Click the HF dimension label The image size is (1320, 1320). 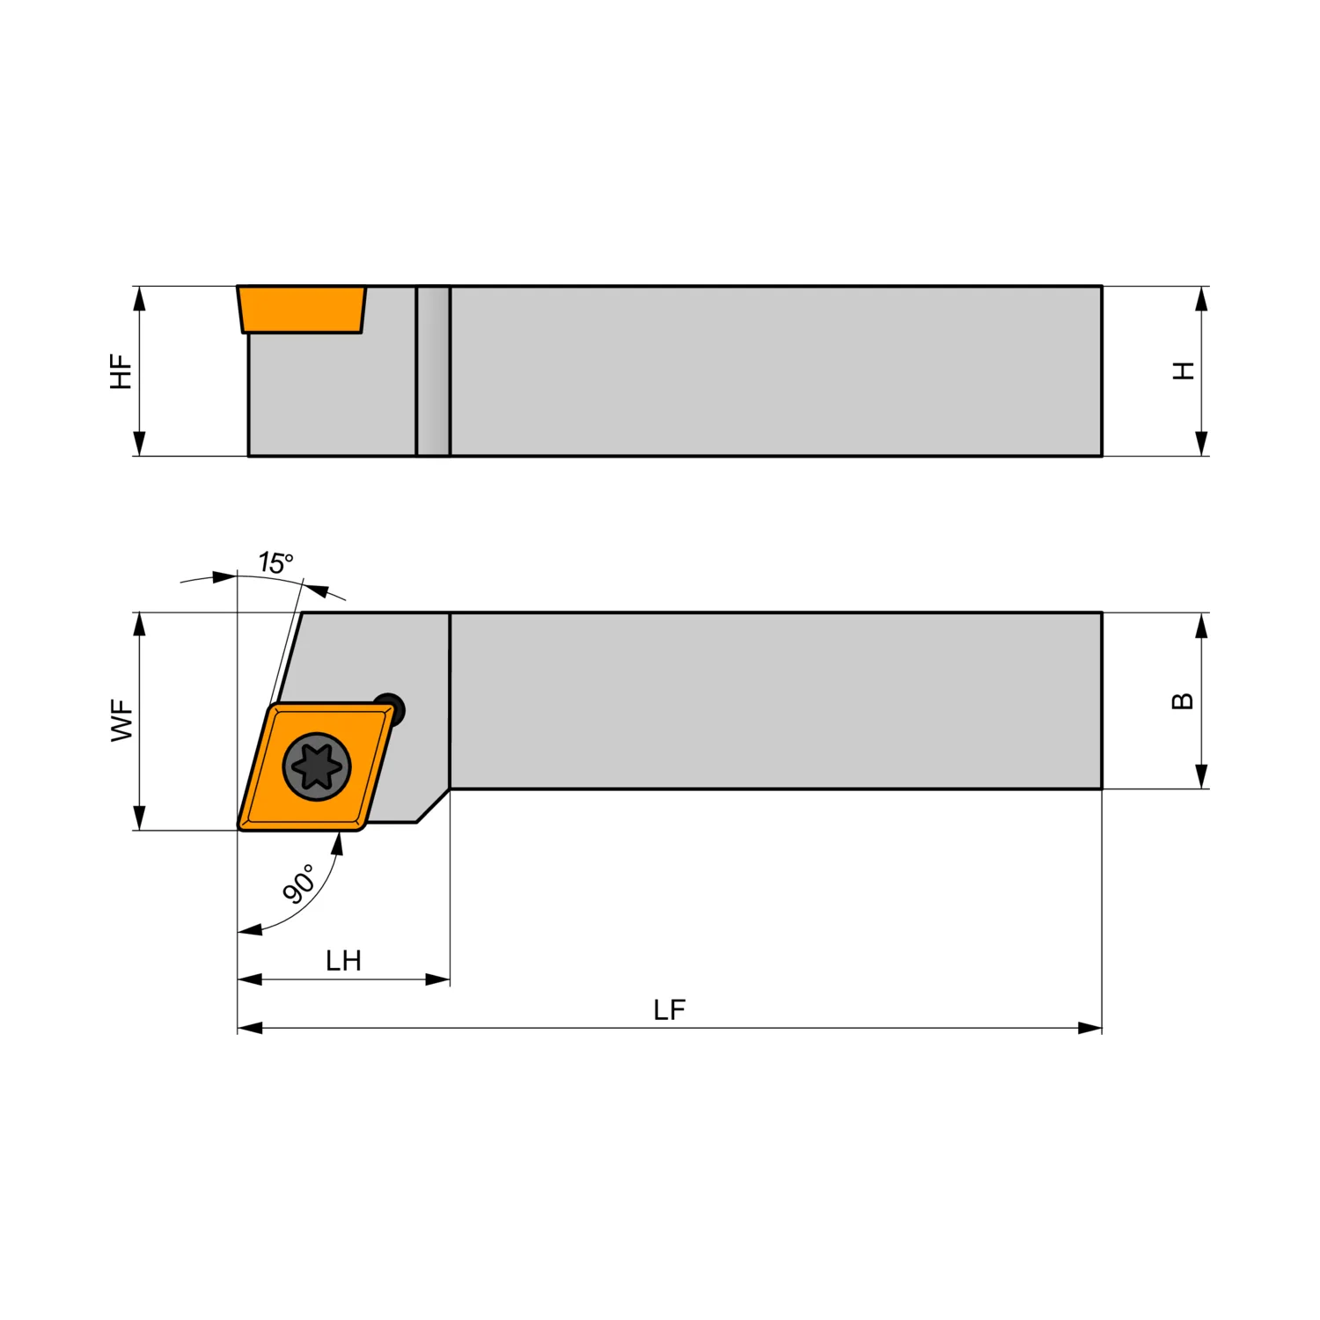coord(121,371)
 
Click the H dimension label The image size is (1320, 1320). coord(1184,370)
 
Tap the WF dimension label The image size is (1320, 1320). coord(122,721)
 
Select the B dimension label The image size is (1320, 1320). coord(1184,701)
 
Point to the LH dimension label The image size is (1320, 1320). coord(343,960)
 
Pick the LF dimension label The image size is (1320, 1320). coord(669,1009)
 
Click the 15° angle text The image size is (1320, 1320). coord(275,562)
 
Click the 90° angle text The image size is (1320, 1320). coord(300,884)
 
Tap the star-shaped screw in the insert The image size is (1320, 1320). coord(317,766)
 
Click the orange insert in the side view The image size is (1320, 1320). coord(301,309)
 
